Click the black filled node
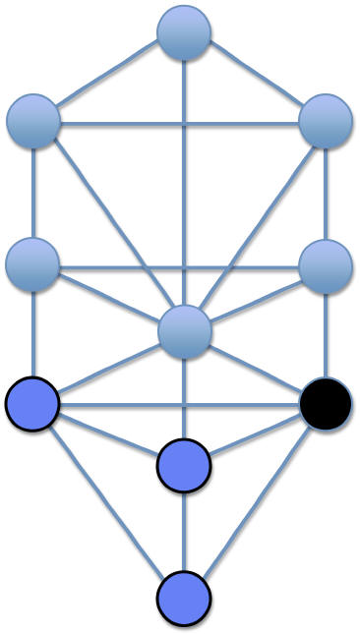[326, 404]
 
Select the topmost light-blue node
[184, 31]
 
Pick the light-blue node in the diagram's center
[184, 331]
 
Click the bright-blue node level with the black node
[32, 404]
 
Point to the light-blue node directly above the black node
[325, 265]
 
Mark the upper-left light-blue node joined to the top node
[32, 122]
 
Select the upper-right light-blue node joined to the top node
[325, 122]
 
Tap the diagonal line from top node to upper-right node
[256, 78]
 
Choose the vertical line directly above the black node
[325, 334]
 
